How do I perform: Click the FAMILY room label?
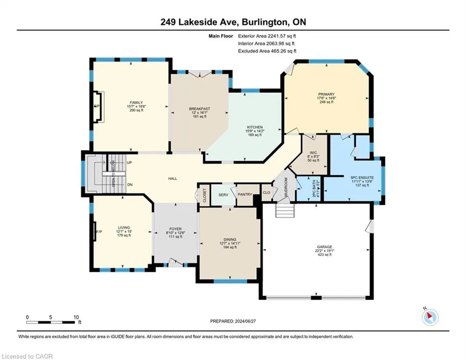[x=136, y=103]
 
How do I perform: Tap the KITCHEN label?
[x=255, y=127]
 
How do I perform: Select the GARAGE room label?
[x=325, y=247]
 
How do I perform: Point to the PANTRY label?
[x=245, y=195]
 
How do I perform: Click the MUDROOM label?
[x=286, y=187]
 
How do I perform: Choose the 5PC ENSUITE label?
[x=362, y=178]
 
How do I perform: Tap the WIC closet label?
[x=313, y=153]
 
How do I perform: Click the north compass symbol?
[x=430, y=317]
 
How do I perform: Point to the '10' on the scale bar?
[x=76, y=317]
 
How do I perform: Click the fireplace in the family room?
[x=98, y=106]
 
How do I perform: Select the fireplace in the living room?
[x=95, y=232]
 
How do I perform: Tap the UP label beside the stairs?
[x=129, y=163]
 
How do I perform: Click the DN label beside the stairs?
[x=130, y=185]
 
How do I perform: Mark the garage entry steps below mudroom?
[x=285, y=210]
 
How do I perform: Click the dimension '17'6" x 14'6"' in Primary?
[x=326, y=98]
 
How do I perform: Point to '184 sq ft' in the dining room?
[x=230, y=247]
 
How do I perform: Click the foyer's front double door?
[x=175, y=262]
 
